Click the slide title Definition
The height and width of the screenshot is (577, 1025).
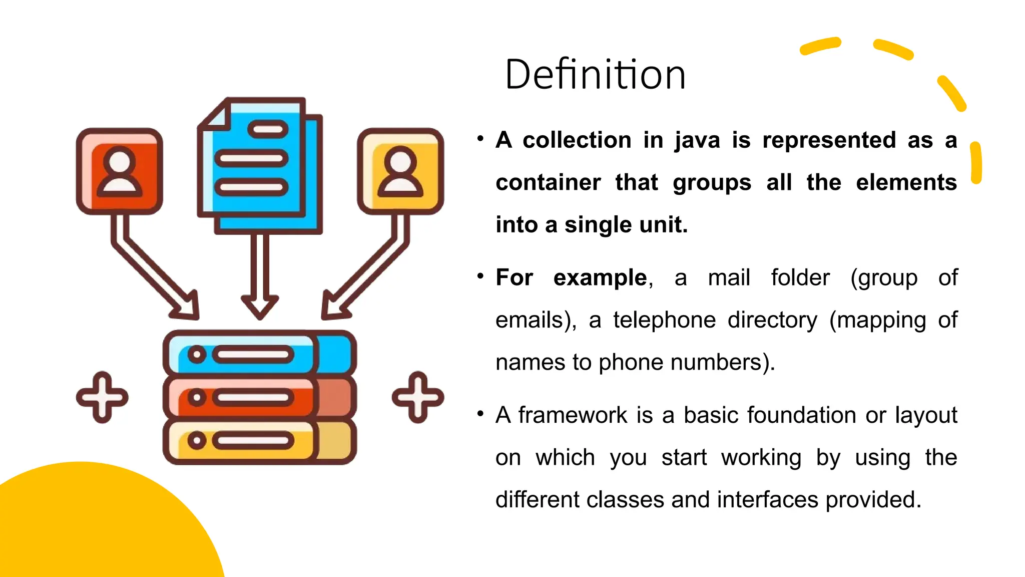595,75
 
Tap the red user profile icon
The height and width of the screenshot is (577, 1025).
120,171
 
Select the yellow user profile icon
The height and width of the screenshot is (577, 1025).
400,171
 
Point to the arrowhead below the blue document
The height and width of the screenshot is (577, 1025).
260,306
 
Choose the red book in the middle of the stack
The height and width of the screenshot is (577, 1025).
259,397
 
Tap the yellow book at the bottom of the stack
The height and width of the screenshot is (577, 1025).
259,441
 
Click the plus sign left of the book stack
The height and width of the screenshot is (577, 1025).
102,398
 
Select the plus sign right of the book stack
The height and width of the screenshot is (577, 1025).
418,398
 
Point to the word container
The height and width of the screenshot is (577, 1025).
548,183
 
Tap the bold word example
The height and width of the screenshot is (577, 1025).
600,278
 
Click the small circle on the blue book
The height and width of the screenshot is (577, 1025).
197,355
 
